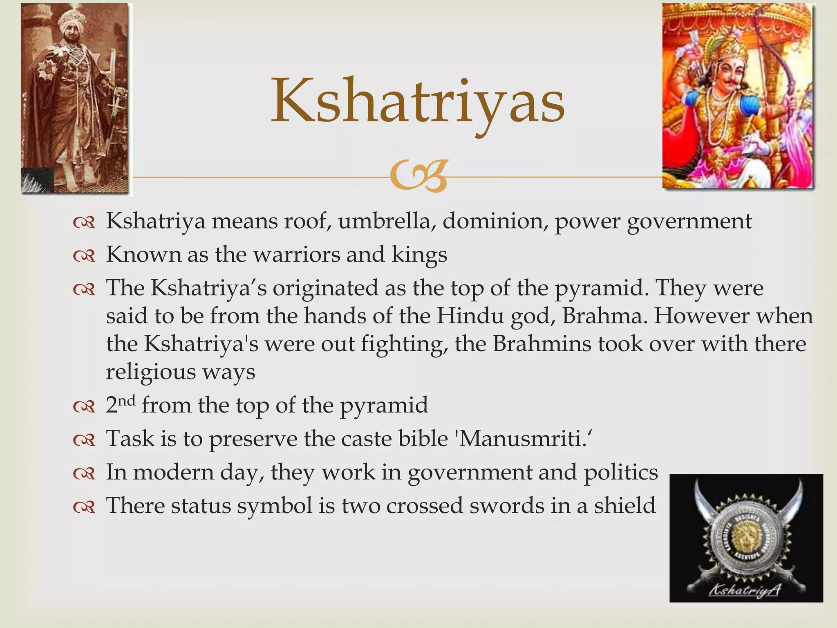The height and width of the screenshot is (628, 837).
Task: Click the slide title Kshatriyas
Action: click(x=418, y=101)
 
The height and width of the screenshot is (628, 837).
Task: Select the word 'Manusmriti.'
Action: click(x=523, y=439)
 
